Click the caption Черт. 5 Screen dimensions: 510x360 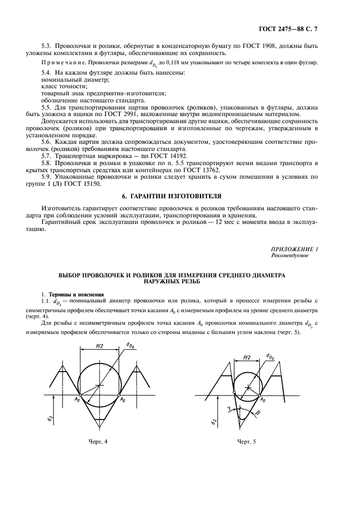click(x=246, y=441)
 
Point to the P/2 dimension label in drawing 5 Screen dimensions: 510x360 click(x=247, y=357)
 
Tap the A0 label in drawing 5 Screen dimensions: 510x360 click(x=263, y=399)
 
